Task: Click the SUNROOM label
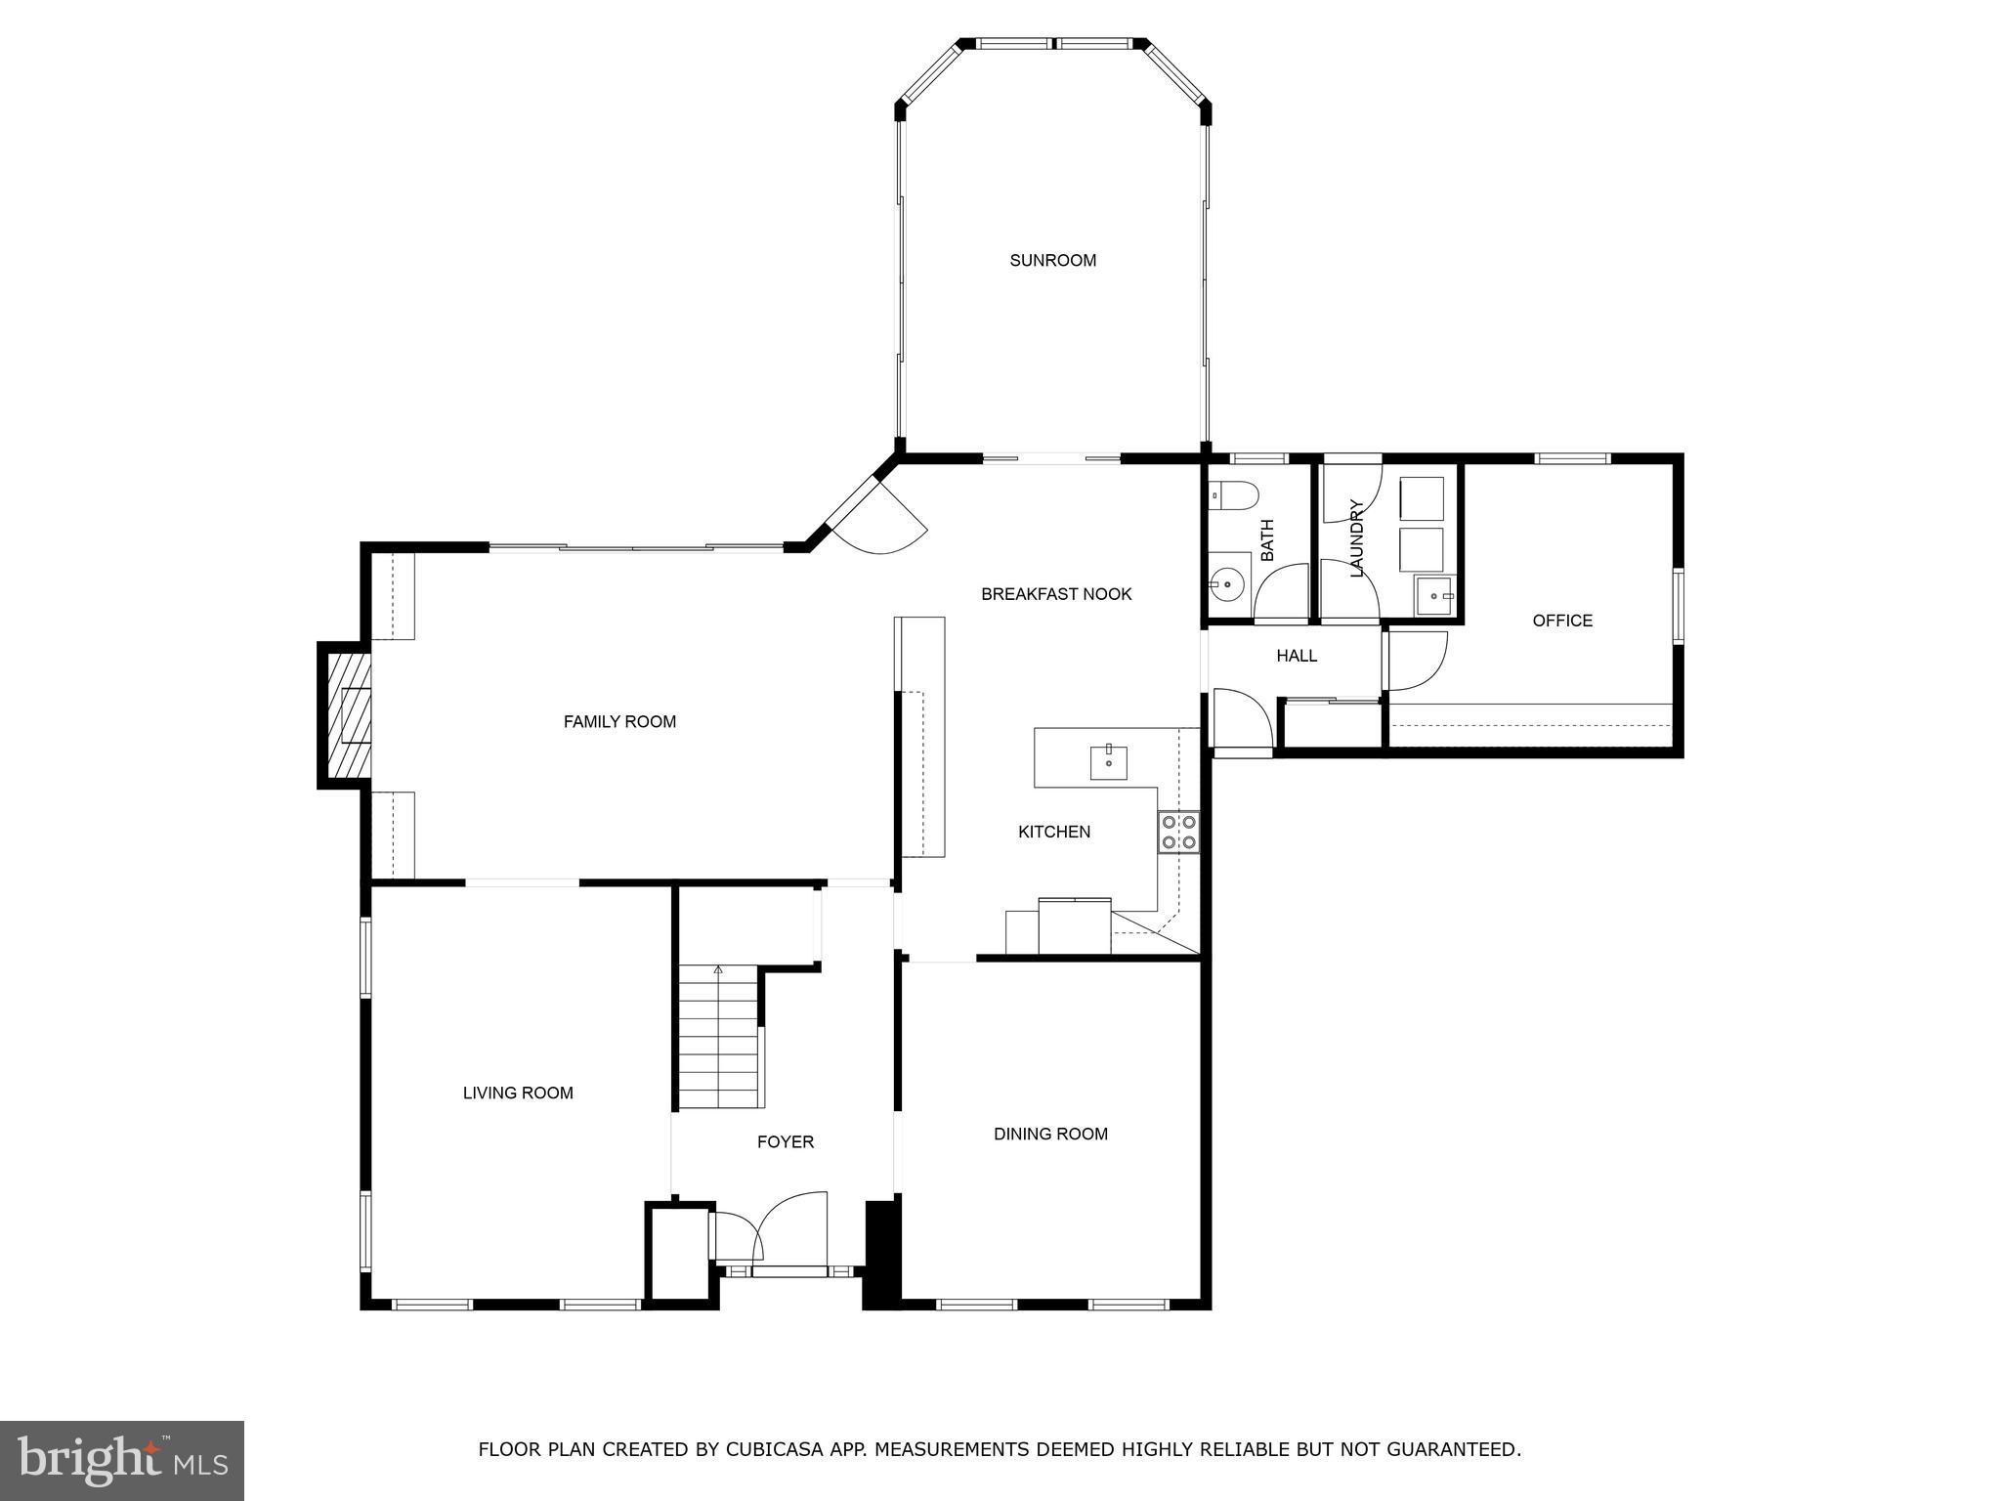click(x=1052, y=260)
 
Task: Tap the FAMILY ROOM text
click(x=619, y=721)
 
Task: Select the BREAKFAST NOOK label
click(x=1055, y=593)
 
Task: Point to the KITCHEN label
click(x=1053, y=832)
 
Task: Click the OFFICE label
click(x=1561, y=621)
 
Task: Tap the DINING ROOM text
click(x=1050, y=1134)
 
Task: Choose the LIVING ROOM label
click(x=518, y=1093)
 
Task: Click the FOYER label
click(x=785, y=1141)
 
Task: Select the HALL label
click(x=1296, y=656)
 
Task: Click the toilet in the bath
click(x=1236, y=495)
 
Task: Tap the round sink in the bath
click(x=1226, y=585)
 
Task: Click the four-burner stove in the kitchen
click(x=1178, y=832)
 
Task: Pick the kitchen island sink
click(x=1108, y=762)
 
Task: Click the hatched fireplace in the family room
click(x=348, y=715)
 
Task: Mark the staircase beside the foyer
click(x=719, y=1036)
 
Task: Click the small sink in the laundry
click(x=1435, y=594)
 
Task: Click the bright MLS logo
click(x=121, y=1460)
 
